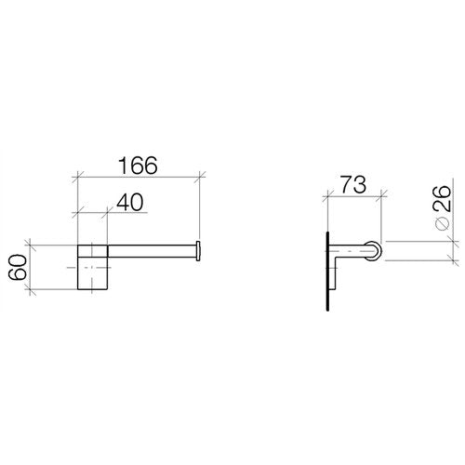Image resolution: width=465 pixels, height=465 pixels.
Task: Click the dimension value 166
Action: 138,166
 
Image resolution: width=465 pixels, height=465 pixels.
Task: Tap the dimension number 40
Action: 130,202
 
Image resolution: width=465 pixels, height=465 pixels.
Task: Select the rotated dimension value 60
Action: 18,267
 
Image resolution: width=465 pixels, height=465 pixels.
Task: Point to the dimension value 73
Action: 353,184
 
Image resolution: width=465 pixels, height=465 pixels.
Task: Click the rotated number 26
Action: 442,198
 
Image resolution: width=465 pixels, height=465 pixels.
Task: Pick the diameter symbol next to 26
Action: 443,223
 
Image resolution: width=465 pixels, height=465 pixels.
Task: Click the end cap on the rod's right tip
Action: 198,251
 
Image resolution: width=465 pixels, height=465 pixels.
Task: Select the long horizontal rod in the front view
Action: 152,251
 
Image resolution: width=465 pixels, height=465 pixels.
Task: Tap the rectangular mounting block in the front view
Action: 92,267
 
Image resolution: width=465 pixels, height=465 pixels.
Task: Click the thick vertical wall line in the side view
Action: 327,271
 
